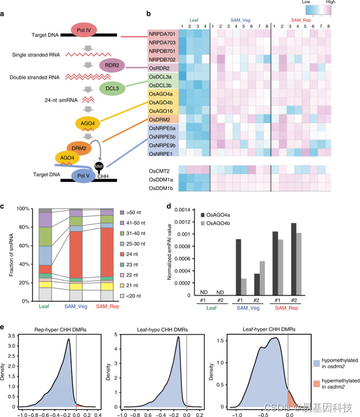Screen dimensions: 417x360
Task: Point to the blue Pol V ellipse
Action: tap(83, 174)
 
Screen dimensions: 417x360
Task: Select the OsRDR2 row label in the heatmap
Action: tap(163, 67)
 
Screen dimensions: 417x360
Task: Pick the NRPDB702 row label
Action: tap(163, 59)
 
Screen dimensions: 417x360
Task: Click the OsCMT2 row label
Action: tap(163, 171)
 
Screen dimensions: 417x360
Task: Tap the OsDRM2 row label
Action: tap(163, 119)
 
